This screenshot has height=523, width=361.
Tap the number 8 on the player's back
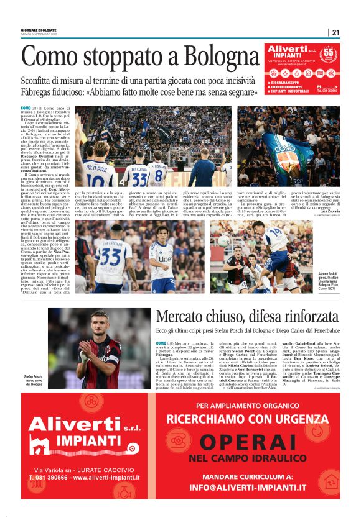click(x=158, y=175)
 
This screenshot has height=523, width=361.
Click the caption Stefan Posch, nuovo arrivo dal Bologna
click(x=34, y=380)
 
